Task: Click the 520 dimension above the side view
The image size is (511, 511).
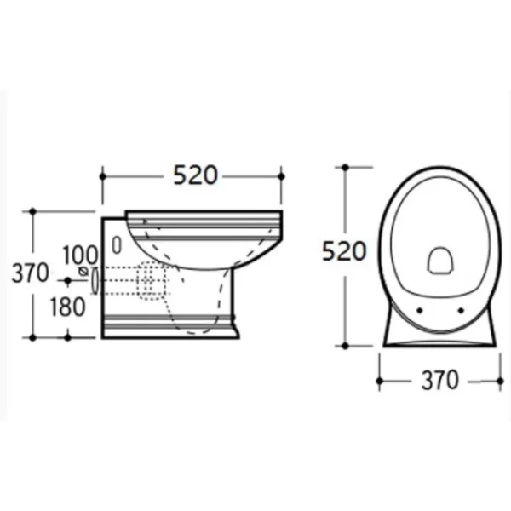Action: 195,175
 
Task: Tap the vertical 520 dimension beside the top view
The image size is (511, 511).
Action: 344,251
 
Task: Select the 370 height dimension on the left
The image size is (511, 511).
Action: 30,273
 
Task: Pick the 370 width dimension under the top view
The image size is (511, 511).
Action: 440,380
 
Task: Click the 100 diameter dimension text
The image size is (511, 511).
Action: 80,255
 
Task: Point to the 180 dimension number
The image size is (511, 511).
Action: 67,307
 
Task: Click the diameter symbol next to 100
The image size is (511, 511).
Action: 83,271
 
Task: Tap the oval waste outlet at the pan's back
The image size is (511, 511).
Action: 95,280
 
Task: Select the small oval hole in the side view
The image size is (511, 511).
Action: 117,245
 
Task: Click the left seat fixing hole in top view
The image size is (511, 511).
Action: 420,311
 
